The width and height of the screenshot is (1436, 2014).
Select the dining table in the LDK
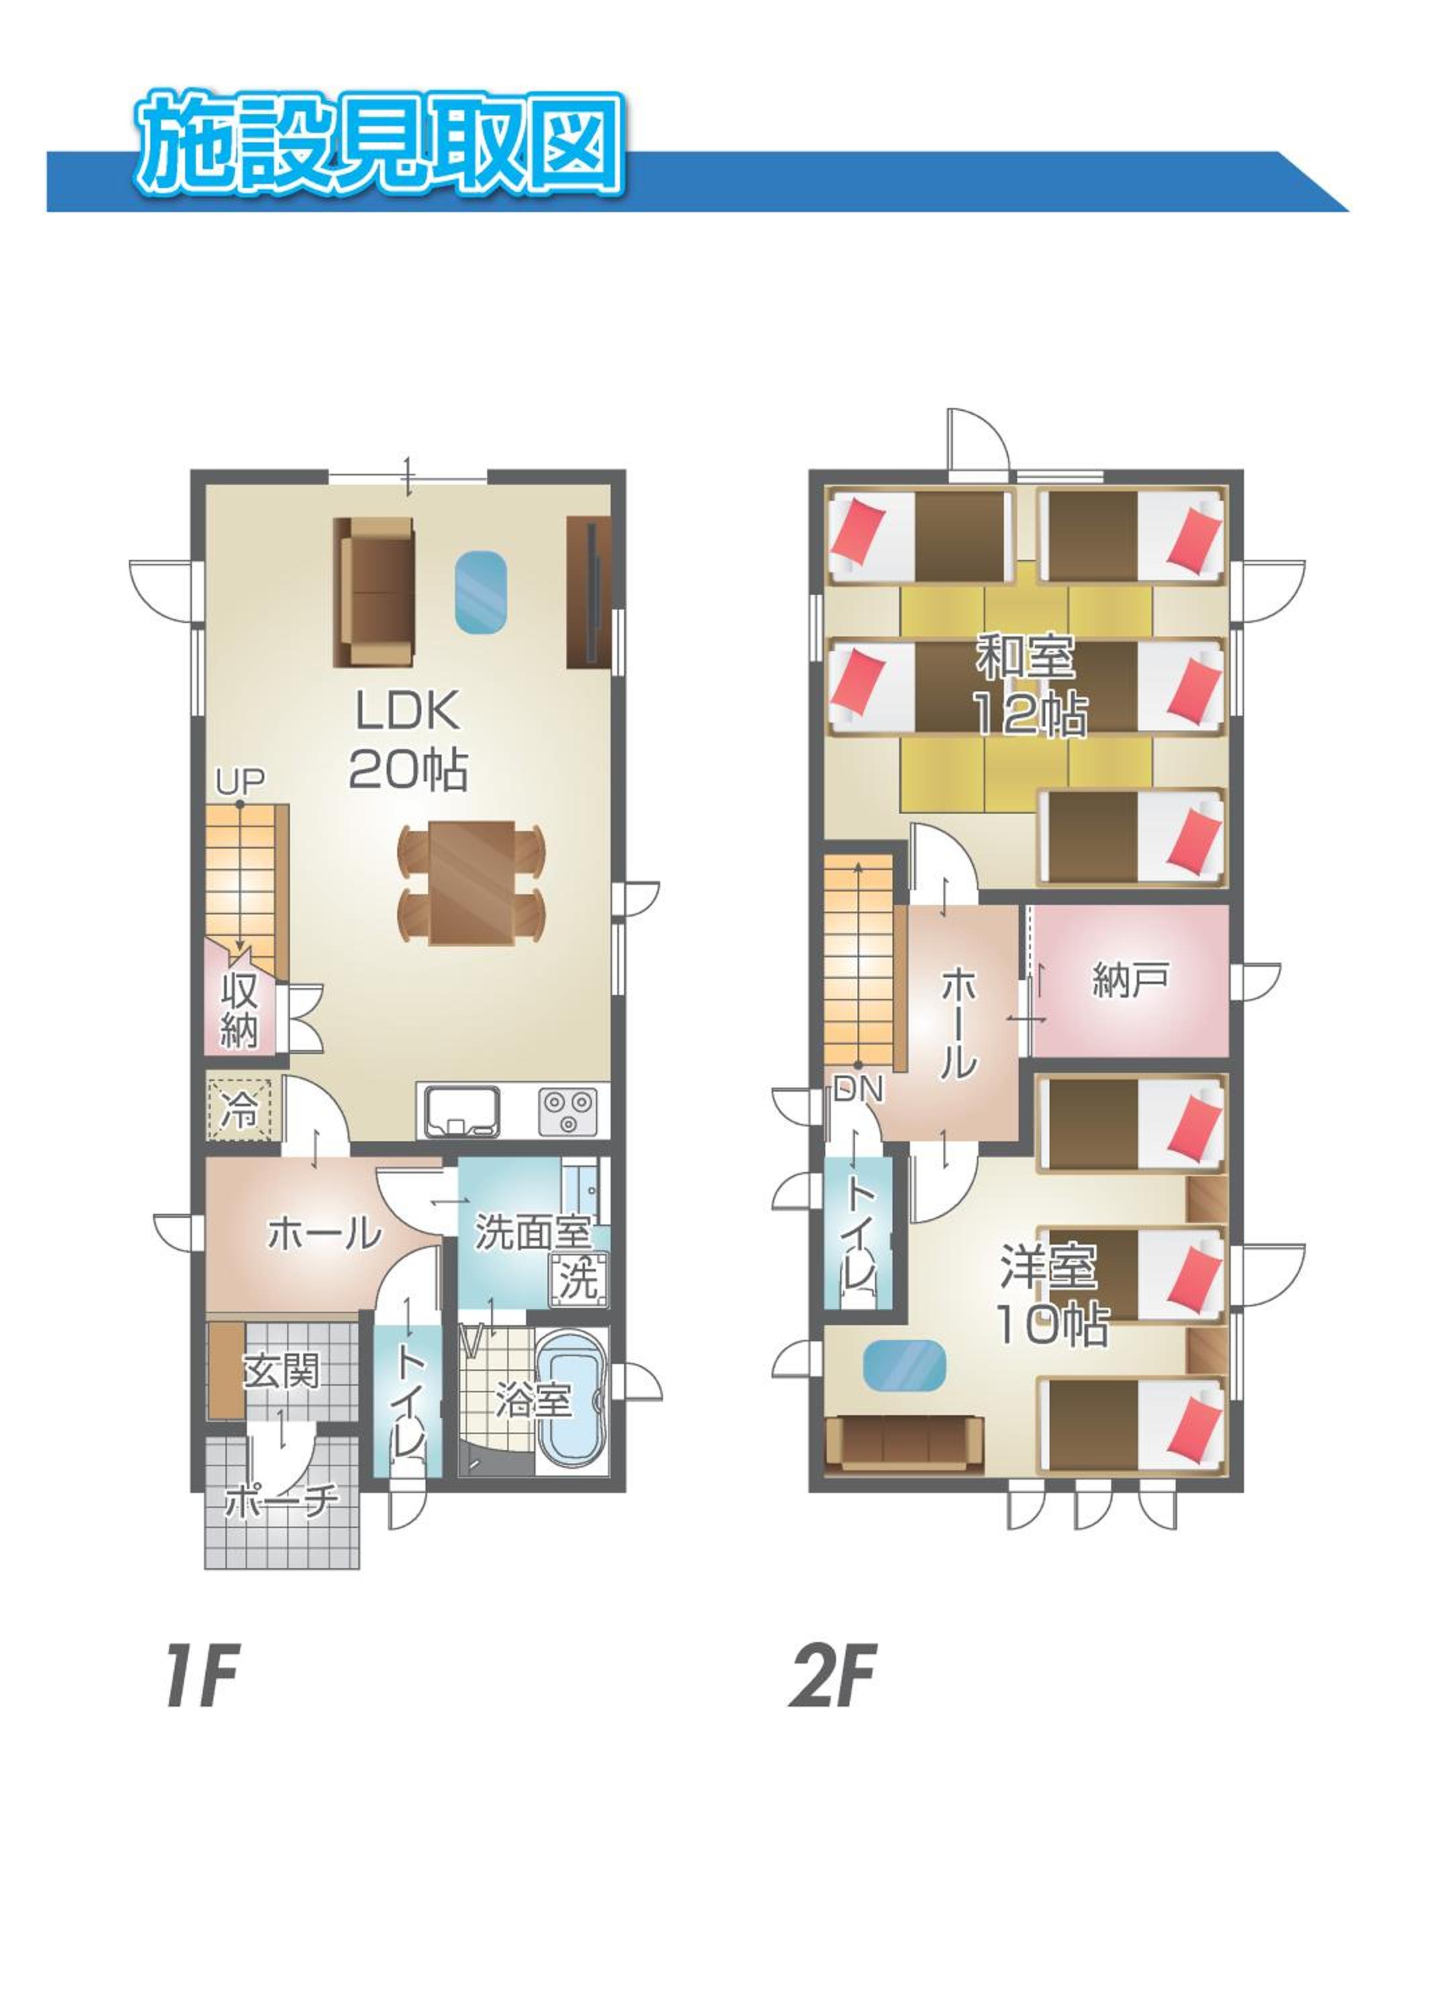coord(472,883)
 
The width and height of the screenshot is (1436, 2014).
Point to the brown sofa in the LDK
coord(373,591)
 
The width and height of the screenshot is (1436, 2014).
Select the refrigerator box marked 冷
coord(239,1109)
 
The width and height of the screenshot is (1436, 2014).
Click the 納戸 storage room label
coord(1131,979)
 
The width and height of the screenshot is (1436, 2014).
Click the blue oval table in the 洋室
coord(903,1365)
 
